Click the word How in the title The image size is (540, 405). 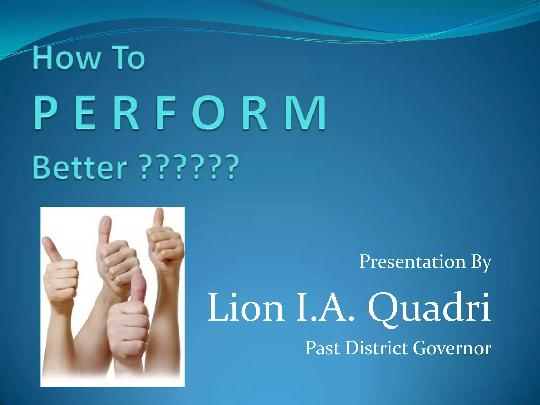67,58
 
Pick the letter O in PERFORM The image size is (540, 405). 208,113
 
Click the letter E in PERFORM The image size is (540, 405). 85,113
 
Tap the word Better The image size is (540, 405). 80,167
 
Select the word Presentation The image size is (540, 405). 413,262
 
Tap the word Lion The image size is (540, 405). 246,308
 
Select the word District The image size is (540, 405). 376,348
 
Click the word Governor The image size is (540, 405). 452,348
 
